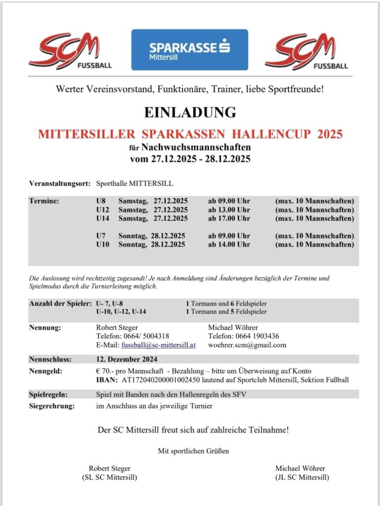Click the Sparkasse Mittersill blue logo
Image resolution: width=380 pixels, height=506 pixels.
[190, 49]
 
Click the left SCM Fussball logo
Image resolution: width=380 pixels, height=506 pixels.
[70, 51]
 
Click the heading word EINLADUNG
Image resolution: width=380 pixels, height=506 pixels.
[190, 112]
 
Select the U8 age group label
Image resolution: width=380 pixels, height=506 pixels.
[101, 201]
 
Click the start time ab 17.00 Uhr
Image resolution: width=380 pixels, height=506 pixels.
[229, 218]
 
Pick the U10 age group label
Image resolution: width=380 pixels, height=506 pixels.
[102, 245]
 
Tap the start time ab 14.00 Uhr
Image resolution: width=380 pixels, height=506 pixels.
[229, 245]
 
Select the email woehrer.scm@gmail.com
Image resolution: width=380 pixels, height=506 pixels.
[247, 345]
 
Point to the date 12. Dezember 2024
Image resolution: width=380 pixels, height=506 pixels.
[127, 359]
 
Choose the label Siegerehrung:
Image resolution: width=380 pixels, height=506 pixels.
[52, 407]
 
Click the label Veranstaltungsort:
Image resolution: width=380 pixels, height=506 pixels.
[60, 183]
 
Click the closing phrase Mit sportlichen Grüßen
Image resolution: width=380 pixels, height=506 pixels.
[193, 451]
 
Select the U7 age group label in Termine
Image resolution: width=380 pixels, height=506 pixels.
[101, 236]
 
